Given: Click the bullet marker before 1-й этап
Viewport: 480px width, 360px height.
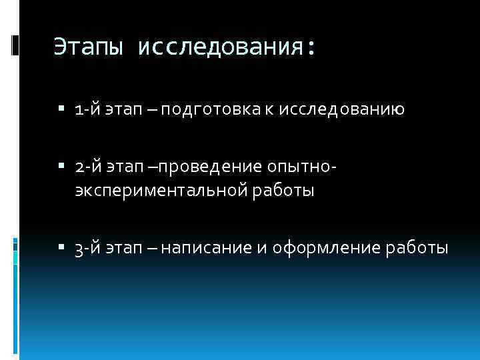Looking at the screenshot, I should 61,109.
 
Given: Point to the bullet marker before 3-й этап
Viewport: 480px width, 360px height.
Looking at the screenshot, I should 61,249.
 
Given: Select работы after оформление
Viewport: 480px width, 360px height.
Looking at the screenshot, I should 417,249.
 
